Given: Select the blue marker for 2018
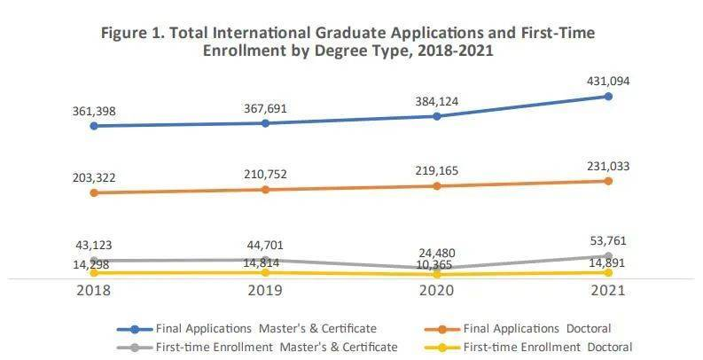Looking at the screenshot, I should click(x=94, y=126).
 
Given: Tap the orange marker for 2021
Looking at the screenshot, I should click(x=608, y=181).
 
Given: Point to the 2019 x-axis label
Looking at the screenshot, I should click(x=265, y=291).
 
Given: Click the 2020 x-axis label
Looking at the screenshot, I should click(x=436, y=291).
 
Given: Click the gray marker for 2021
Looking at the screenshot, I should click(x=608, y=256).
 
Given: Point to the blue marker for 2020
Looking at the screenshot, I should click(x=436, y=116).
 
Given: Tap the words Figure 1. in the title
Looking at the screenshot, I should click(x=131, y=33).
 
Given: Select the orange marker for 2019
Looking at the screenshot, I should click(x=265, y=190).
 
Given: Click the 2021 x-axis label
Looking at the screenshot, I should click(x=608, y=291).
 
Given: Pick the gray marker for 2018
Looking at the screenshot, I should click(x=94, y=261).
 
